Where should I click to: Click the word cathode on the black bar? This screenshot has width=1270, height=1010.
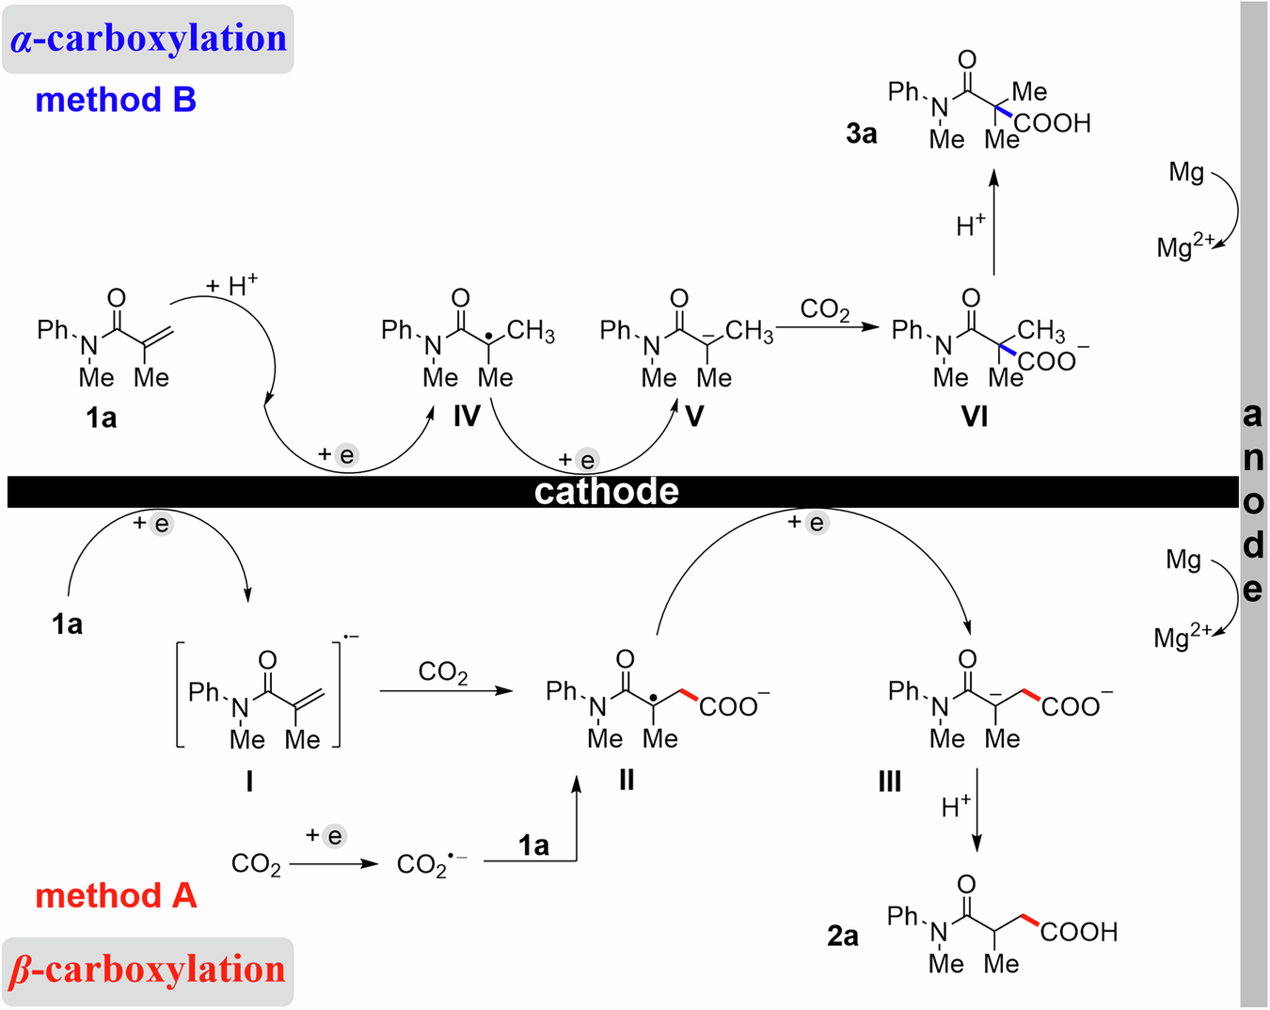tap(607, 492)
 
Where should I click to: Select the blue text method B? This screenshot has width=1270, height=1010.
tap(116, 100)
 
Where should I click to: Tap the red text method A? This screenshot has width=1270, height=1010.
tap(116, 895)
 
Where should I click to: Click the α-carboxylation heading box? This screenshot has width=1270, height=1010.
tap(149, 39)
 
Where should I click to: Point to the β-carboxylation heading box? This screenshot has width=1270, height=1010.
tap(148, 971)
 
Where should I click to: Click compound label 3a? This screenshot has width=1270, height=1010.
tap(861, 134)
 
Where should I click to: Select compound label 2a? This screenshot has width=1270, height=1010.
tap(843, 937)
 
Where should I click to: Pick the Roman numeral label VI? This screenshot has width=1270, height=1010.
tap(975, 416)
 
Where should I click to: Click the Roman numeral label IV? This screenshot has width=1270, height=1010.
tap(467, 416)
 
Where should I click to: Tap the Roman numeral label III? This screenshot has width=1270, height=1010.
tap(889, 781)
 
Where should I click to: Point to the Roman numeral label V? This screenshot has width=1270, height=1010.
tap(694, 416)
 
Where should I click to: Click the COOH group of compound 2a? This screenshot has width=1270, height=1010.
tap(1078, 932)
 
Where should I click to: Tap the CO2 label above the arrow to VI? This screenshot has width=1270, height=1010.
tap(825, 309)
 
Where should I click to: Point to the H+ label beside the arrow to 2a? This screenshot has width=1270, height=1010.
tap(956, 807)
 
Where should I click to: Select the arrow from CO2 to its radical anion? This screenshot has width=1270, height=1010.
tap(334, 863)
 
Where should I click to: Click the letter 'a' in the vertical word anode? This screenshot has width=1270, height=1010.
tap(1252, 415)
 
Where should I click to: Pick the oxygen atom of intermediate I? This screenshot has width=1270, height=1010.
tap(267, 660)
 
